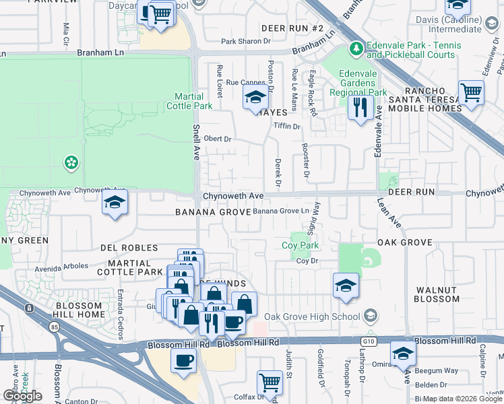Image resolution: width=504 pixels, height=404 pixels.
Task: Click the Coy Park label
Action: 300,246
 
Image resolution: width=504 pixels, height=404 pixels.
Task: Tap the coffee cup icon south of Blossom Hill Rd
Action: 183,360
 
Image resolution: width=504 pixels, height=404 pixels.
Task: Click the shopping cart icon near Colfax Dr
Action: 270,382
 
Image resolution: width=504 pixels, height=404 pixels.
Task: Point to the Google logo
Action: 22,396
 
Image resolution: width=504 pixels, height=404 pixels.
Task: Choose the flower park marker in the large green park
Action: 70,162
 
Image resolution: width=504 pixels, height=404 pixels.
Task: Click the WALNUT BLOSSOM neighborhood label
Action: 437,294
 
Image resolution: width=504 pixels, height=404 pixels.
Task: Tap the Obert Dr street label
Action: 218,139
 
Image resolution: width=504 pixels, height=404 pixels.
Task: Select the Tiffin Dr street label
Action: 286,126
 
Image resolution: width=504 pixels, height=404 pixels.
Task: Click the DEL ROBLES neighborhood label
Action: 130,248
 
